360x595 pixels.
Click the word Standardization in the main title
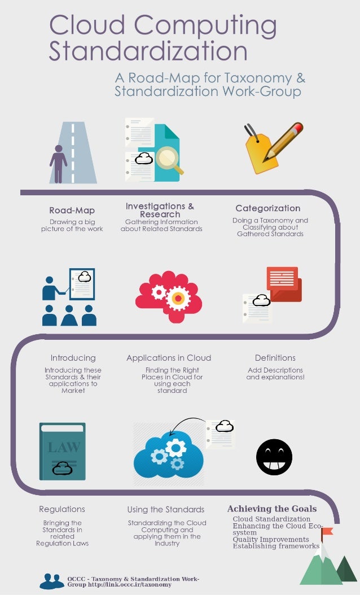click(148, 52)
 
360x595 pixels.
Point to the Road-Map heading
click(72, 211)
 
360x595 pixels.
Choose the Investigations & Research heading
click(160, 210)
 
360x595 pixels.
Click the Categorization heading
click(267, 209)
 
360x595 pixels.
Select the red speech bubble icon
click(284, 283)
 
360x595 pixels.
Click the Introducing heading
click(73, 358)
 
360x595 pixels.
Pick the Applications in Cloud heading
click(169, 358)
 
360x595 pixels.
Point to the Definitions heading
click(275, 358)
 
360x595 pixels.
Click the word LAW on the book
click(64, 448)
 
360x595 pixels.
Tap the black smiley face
click(274, 457)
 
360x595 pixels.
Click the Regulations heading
click(62, 509)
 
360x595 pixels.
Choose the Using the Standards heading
click(166, 509)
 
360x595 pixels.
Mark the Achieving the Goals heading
click(271, 509)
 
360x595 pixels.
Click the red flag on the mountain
click(327, 531)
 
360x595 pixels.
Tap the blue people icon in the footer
click(52, 581)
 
